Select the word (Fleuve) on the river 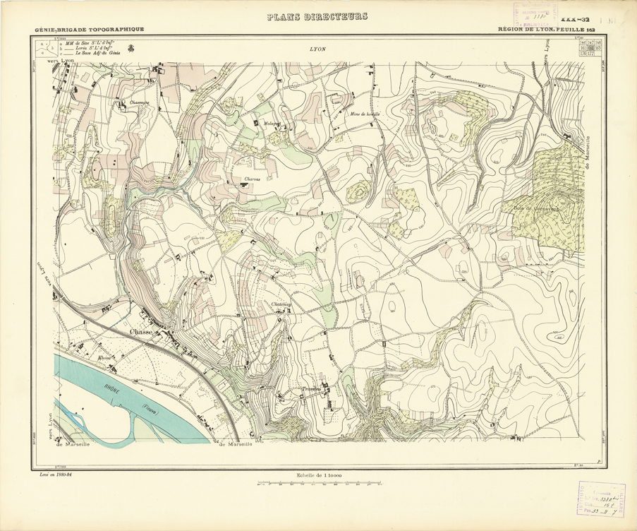click(x=148, y=407)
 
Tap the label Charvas click(x=253, y=179)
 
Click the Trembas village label click(x=310, y=389)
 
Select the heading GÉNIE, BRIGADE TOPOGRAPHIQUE click(x=89, y=29)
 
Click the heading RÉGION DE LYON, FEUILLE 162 click(x=546, y=29)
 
